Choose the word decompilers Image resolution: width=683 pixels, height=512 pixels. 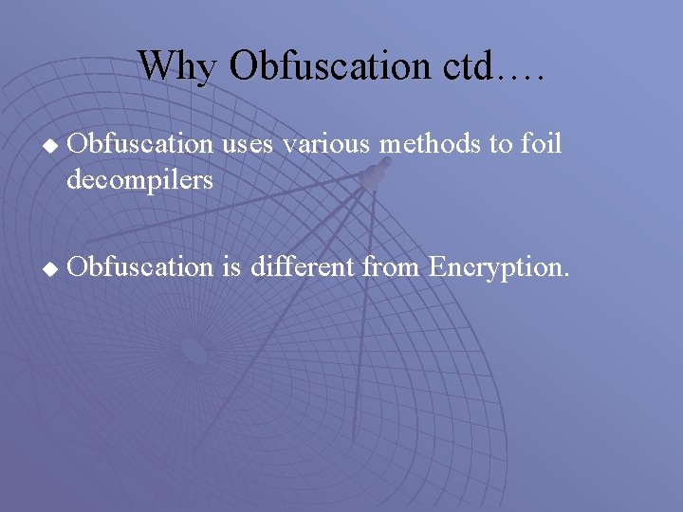coord(140,179)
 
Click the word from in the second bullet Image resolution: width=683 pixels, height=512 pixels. coord(394,267)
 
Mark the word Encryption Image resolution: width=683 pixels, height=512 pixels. coord(498,267)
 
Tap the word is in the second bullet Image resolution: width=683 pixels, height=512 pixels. coord(231,267)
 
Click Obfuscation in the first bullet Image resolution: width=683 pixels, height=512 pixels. coord(142,145)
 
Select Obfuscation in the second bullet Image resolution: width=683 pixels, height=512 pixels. coord(142,267)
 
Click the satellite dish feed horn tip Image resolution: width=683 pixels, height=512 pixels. coord(381,170)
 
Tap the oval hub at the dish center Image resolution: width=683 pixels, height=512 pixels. coord(194,353)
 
